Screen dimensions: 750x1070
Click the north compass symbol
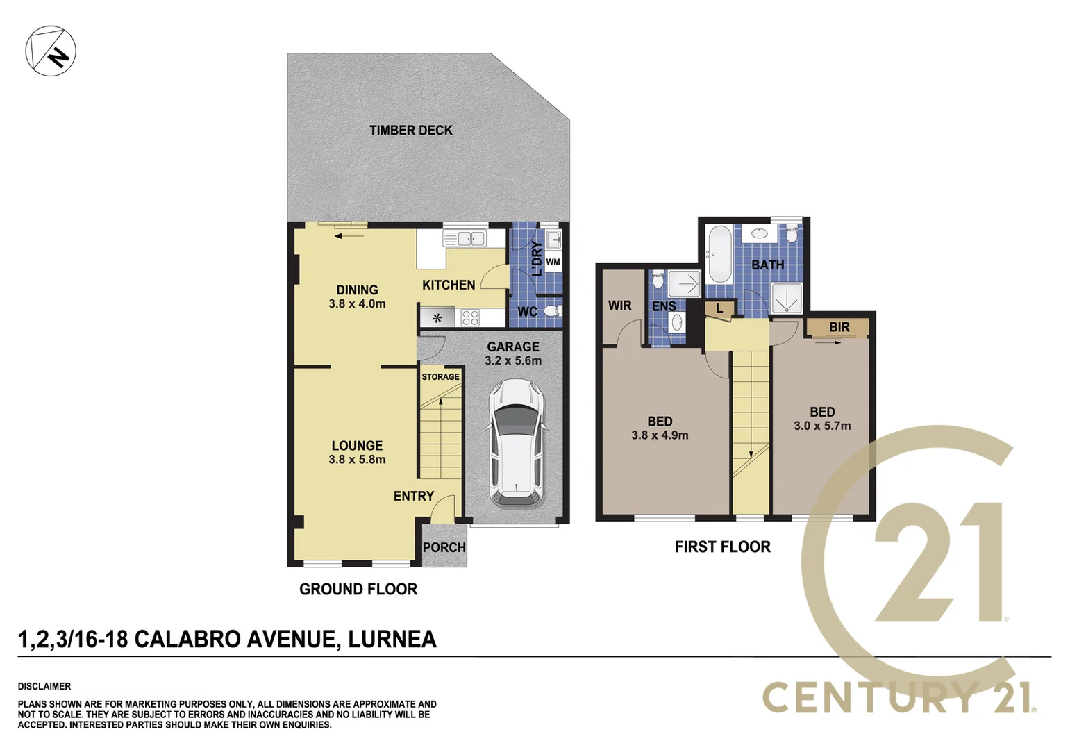pyautogui.click(x=51, y=51)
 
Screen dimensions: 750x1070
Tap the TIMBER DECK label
pyautogui.click(x=410, y=131)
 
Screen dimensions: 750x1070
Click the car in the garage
pyautogui.click(x=517, y=443)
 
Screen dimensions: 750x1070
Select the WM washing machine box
pyautogui.click(x=553, y=262)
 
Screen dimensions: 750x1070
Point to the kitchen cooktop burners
pyautogui.click(x=470, y=318)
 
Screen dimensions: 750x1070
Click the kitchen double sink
pyautogui.click(x=465, y=239)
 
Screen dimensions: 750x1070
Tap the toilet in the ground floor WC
pyautogui.click(x=552, y=310)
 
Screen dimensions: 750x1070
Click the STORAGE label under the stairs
pyautogui.click(x=440, y=377)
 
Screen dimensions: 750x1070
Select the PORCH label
pyautogui.click(x=444, y=547)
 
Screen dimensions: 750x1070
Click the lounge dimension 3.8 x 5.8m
pyautogui.click(x=357, y=460)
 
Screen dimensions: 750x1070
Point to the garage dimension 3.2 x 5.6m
pyautogui.click(x=513, y=361)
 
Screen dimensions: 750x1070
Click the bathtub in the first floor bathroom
pyautogui.click(x=720, y=253)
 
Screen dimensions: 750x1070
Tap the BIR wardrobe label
pyautogui.click(x=839, y=327)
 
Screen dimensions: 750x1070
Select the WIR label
pyautogui.click(x=619, y=306)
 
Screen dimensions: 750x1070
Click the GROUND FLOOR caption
pyautogui.click(x=358, y=590)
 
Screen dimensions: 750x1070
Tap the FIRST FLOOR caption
pyautogui.click(x=722, y=547)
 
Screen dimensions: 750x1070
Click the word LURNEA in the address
pyautogui.click(x=392, y=639)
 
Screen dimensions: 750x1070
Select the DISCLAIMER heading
pyautogui.click(x=44, y=686)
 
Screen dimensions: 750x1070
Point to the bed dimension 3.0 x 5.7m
pyautogui.click(x=822, y=426)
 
